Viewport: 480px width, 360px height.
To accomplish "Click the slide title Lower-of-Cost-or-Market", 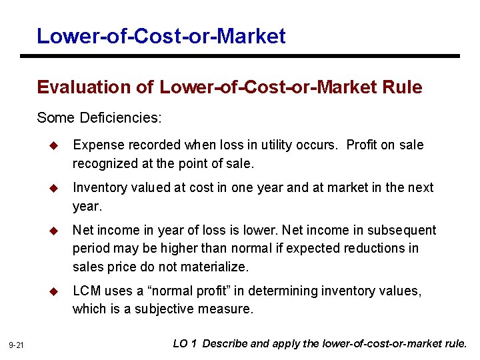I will coord(161,35).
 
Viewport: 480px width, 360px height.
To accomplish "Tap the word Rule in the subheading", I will coord(403,87).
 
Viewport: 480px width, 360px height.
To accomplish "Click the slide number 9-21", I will coord(17,345).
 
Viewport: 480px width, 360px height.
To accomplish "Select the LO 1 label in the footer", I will coord(185,344).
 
